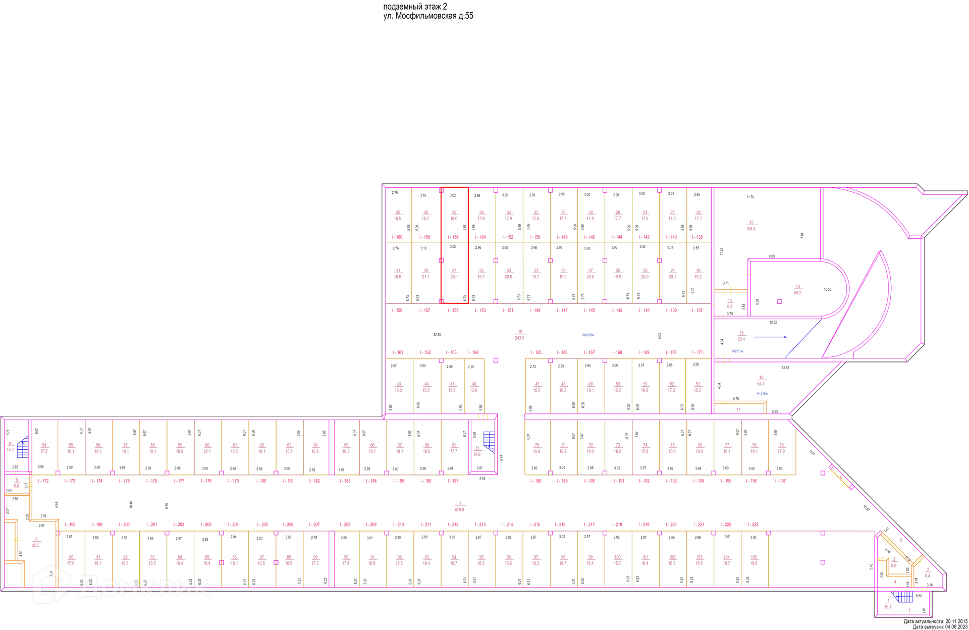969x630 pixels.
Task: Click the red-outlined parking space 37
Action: pos(454,273)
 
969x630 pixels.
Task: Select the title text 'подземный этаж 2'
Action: pos(415,7)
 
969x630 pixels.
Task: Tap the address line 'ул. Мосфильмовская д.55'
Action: pos(428,16)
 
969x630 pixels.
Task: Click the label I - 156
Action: pos(453,237)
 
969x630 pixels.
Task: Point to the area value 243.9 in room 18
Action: pos(519,338)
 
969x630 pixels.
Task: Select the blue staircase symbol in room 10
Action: pos(23,448)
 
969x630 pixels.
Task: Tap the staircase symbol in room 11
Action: pos(489,439)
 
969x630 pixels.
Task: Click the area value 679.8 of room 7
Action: pos(459,510)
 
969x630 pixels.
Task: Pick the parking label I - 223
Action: pos(752,524)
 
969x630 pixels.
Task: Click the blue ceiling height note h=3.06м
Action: pos(762,393)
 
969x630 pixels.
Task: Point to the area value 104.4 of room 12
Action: pos(750,229)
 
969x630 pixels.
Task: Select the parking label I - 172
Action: pos(43,481)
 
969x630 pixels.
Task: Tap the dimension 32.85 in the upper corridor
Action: pos(437,335)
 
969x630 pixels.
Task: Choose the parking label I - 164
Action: pos(472,352)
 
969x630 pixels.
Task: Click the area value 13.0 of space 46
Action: pos(473,390)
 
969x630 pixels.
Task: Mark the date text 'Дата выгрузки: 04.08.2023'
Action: pos(940,627)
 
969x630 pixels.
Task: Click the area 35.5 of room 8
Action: pos(36,545)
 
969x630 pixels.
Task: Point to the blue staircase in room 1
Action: pos(904,597)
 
